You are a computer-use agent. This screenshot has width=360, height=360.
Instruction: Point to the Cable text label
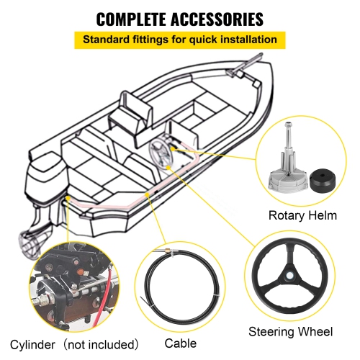click(180, 343)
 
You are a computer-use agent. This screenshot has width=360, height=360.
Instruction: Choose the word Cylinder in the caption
click(35, 343)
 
